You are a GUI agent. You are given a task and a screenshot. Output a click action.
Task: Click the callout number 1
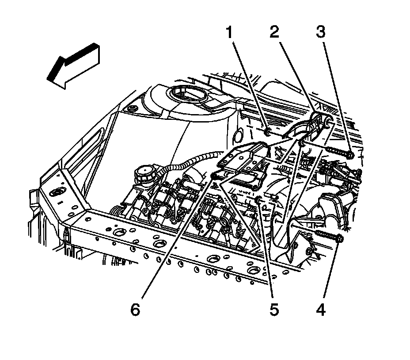[x=229, y=32]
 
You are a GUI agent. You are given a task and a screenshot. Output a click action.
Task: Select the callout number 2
[x=274, y=32]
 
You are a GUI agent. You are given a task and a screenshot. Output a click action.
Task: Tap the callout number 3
[x=321, y=32]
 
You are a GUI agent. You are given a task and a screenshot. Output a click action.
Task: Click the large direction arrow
[x=73, y=65]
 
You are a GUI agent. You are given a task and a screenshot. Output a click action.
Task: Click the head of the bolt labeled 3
[x=350, y=155]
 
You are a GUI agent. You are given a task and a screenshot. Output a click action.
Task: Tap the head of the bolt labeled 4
[x=340, y=238]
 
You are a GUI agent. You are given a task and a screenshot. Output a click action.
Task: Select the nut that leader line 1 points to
[x=267, y=132]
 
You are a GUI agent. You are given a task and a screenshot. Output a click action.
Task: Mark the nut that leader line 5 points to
[x=258, y=199]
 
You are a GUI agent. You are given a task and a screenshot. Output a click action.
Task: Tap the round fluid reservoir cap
[x=144, y=173]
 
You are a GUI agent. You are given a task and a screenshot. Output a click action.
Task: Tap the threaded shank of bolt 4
[x=326, y=235]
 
